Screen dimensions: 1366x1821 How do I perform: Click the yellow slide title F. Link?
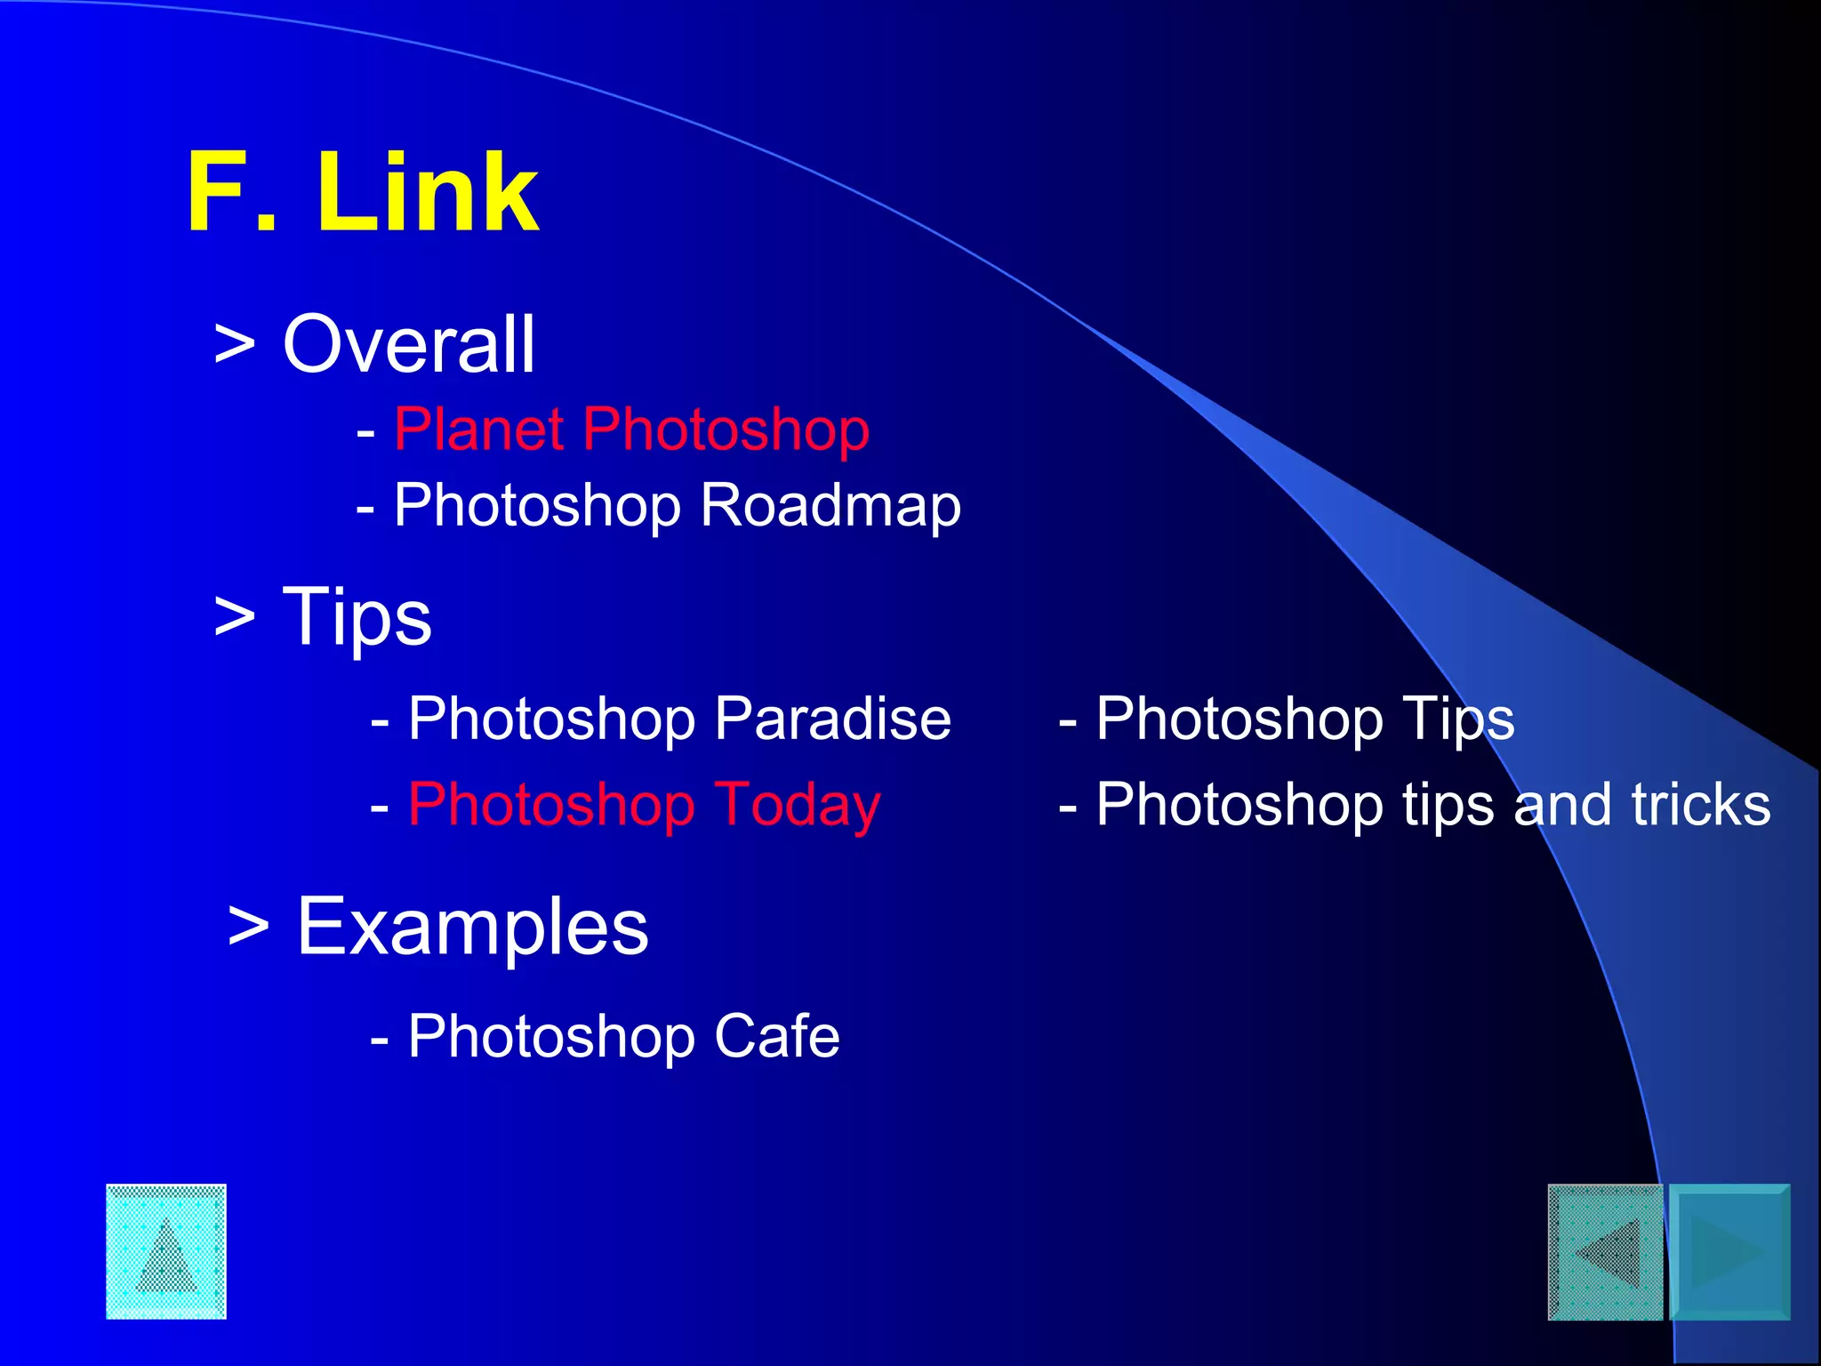coord(362,192)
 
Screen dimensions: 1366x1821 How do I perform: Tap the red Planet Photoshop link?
coord(631,430)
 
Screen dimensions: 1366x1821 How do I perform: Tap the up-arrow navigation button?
coord(166,1251)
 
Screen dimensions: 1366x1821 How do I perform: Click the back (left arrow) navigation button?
coord(1605,1252)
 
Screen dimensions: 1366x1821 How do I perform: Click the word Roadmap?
coord(830,505)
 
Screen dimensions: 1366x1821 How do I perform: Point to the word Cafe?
coord(776,1036)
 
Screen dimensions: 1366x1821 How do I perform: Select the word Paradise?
coord(832,719)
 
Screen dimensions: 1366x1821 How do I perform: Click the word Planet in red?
coord(478,430)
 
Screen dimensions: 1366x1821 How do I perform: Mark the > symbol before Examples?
coord(248,927)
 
